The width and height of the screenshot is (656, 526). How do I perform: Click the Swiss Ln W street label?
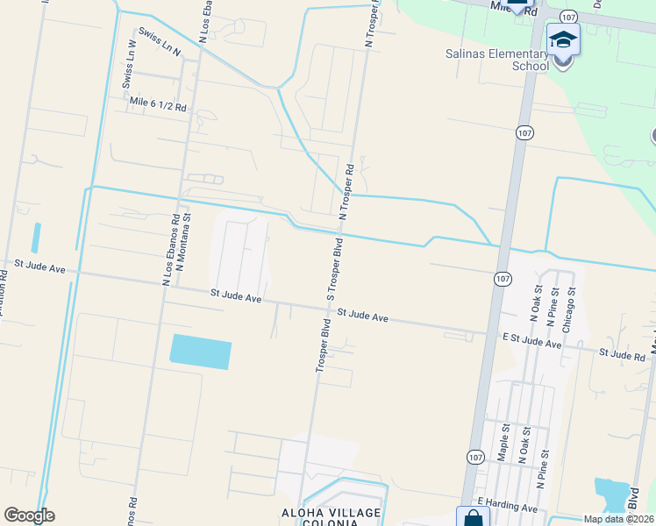[x=129, y=64]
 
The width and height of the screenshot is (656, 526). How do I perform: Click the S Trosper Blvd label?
[x=333, y=267]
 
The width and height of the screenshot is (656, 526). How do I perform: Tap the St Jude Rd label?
[x=622, y=353]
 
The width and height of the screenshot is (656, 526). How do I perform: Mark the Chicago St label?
[x=569, y=309]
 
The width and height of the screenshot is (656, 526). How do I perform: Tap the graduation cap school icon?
[x=563, y=40]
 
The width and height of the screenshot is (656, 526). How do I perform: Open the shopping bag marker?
[x=473, y=517]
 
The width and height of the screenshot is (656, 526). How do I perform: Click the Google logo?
[x=29, y=515]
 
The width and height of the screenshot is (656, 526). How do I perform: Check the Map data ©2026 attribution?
[x=618, y=519]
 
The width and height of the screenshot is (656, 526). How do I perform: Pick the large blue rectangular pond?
[x=201, y=352]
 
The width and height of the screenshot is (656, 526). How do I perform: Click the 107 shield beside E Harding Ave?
[x=474, y=458]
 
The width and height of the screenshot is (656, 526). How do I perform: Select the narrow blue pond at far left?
[x=36, y=238]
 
